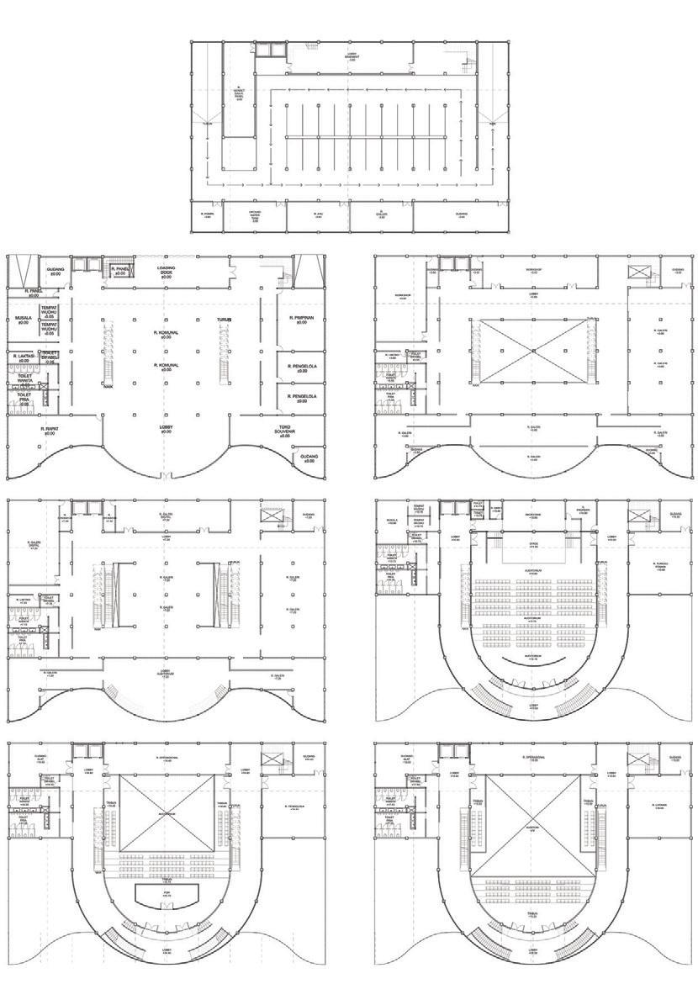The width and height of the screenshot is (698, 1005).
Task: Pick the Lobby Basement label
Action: (x=352, y=58)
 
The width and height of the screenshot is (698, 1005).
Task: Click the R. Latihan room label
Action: (x=658, y=805)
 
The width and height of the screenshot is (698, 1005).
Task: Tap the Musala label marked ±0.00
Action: (x=23, y=320)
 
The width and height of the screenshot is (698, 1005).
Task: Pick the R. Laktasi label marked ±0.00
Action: (x=23, y=358)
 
